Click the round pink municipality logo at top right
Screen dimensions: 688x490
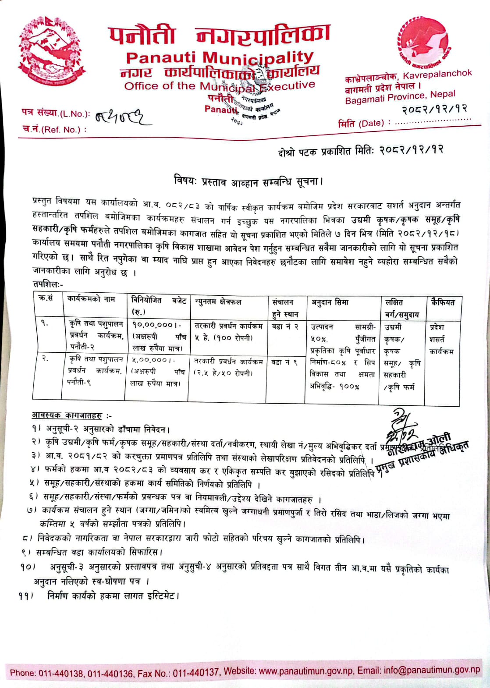coord(423,41)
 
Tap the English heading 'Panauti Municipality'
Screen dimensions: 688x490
coord(220,57)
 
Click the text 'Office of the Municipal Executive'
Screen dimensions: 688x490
coord(220,86)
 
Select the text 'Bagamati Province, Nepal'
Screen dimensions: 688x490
coord(400,98)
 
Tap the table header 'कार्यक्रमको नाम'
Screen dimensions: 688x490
coord(91,299)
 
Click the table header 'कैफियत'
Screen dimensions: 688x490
coord(443,302)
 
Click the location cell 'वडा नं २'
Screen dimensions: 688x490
coord(285,326)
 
